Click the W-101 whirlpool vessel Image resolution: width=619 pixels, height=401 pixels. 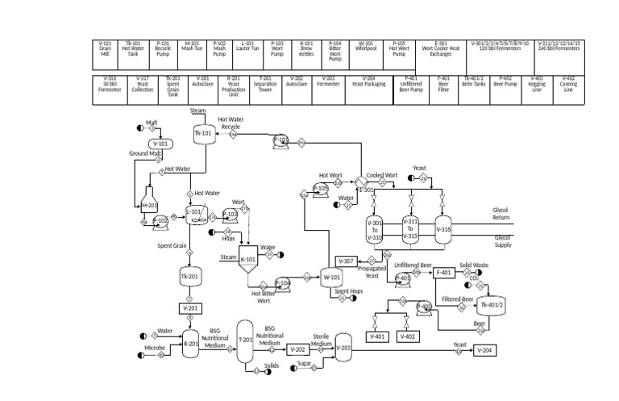coord(332,276)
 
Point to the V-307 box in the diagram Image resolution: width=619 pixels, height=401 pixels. coord(345,261)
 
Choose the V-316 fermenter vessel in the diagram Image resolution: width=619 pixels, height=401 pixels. coord(444,229)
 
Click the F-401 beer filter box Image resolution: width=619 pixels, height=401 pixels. coord(444,273)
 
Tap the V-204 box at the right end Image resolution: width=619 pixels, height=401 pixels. coord(484,349)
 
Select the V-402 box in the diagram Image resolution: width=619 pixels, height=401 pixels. coord(408,336)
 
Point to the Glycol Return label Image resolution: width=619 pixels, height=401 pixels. coord(501,213)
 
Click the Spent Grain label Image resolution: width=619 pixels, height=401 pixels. coord(173,245)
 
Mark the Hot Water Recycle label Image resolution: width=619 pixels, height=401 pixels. coord(231,123)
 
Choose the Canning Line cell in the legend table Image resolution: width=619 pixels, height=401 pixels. coord(568,85)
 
